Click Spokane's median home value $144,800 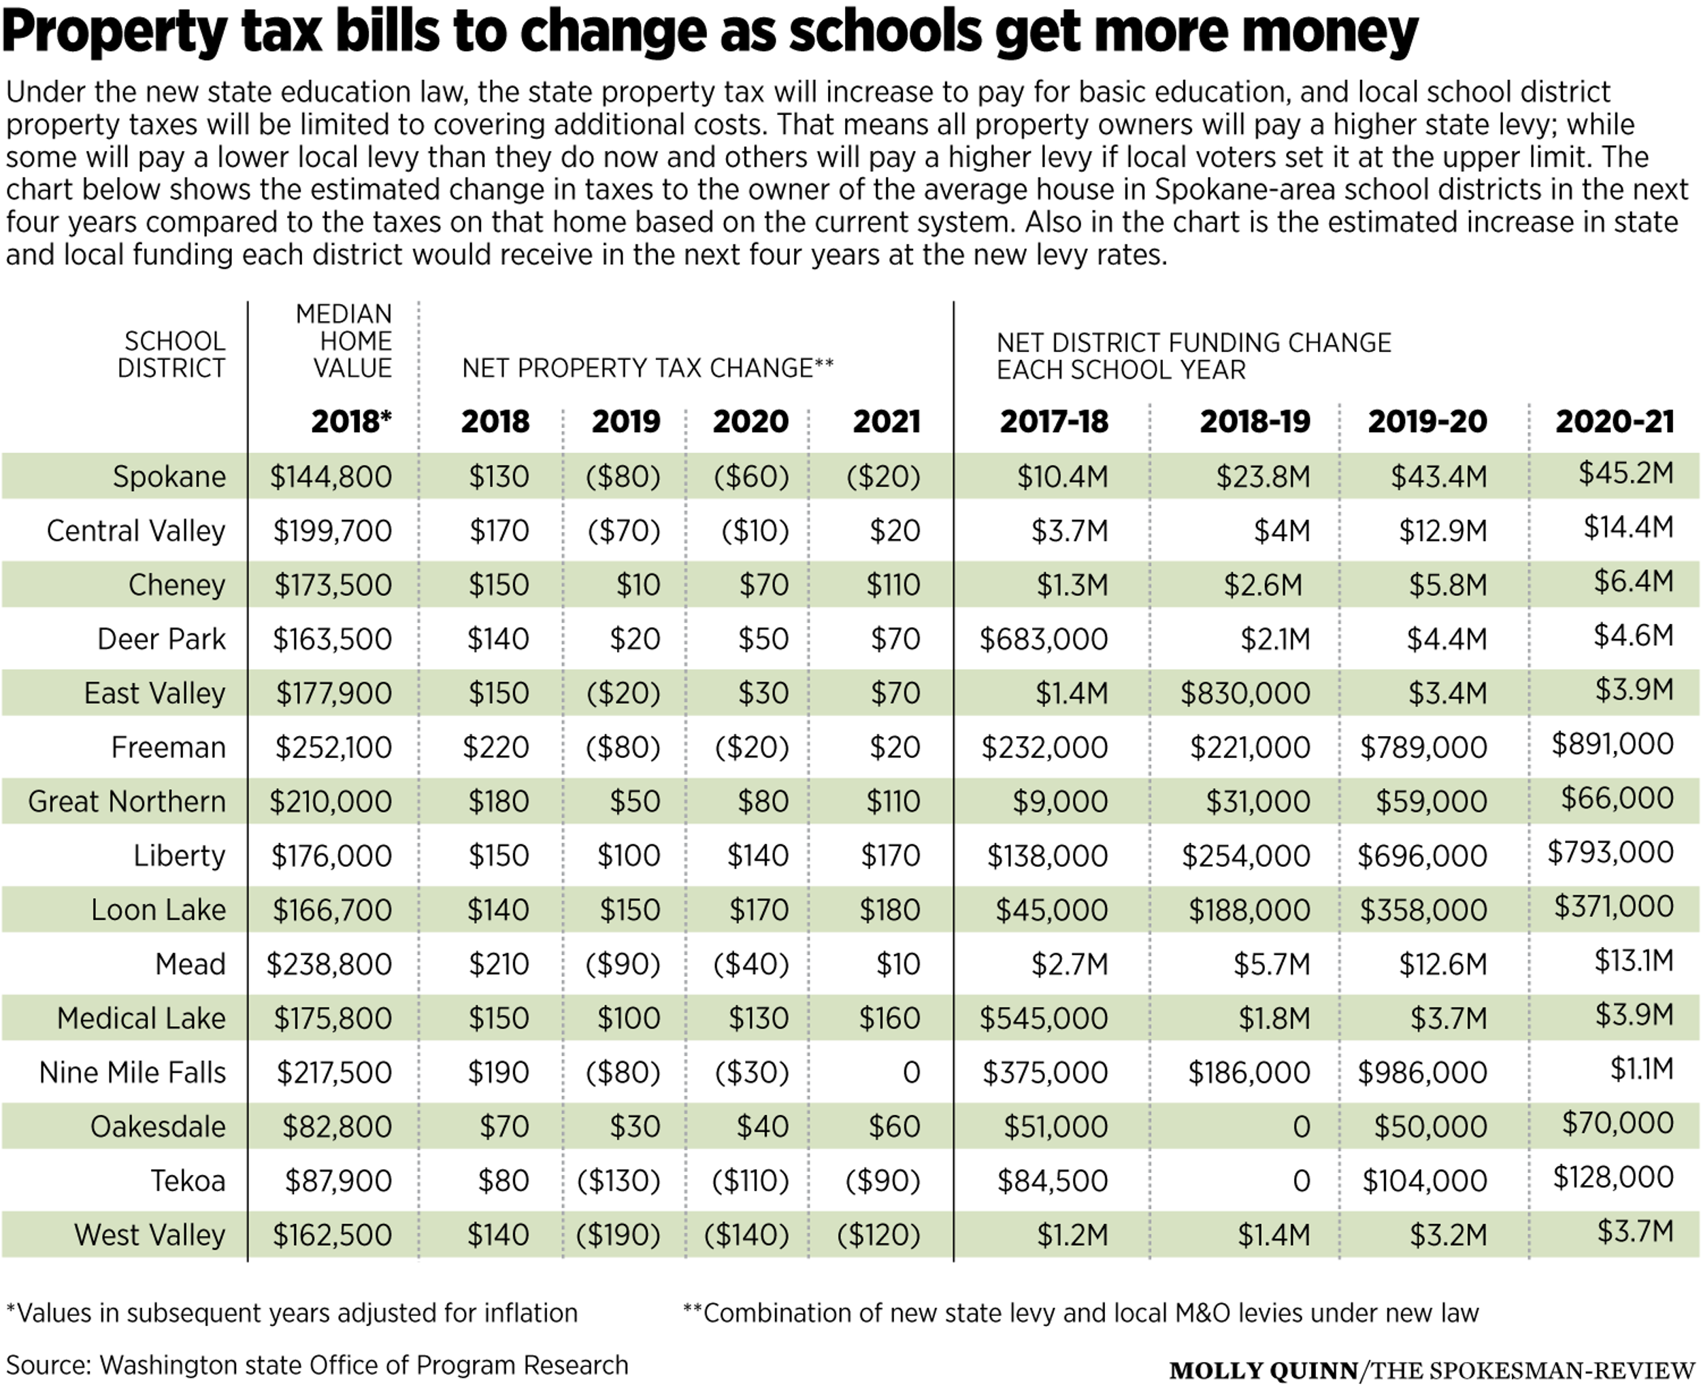pos(331,477)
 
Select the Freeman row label pos(168,748)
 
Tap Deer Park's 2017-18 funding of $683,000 pos(1044,640)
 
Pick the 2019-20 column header pos(1427,422)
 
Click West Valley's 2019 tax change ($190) pos(618,1235)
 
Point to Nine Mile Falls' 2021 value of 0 pos(911,1073)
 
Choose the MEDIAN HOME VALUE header pos(344,341)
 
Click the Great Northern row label pos(127,801)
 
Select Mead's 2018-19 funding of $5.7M pos(1272,964)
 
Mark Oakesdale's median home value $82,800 pos(337,1127)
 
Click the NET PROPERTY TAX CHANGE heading pos(648,368)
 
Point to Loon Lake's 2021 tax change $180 pos(890,910)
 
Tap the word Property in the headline pos(116,31)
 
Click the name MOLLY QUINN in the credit pos(1264,1371)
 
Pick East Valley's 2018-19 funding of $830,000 pos(1245,693)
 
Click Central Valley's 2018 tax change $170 pos(499,531)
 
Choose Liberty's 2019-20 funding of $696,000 pos(1422,856)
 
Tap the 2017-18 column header pos(1054,422)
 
